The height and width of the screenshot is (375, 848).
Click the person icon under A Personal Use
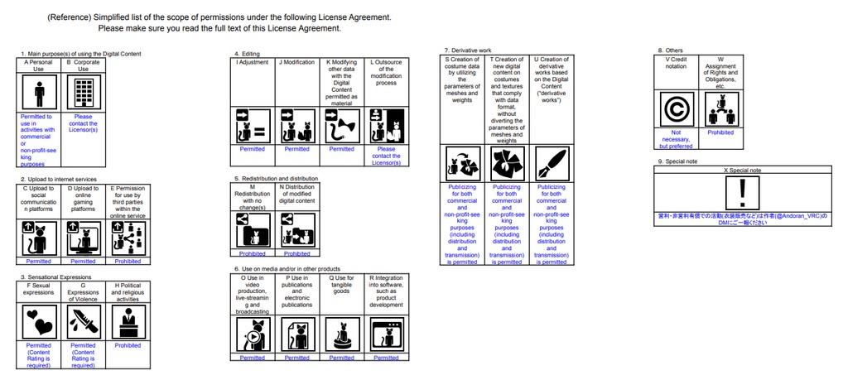click(x=39, y=93)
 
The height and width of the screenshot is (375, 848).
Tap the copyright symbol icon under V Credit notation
click(x=677, y=108)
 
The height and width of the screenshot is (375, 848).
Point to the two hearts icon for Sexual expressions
click(x=39, y=320)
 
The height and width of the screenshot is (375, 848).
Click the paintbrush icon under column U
click(x=550, y=163)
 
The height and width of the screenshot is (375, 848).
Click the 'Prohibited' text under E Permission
click(x=128, y=261)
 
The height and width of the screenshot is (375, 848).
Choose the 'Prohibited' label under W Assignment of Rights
click(x=720, y=132)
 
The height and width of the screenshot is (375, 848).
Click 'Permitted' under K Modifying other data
click(x=341, y=149)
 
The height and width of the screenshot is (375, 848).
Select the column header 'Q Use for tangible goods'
click(x=341, y=284)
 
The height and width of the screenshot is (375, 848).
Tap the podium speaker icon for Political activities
click(x=128, y=320)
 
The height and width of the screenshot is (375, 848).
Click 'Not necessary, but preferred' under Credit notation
click(x=677, y=139)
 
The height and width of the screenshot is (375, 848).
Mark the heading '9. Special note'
click(x=677, y=161)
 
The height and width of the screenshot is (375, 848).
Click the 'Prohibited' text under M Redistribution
click(x=253, y=253)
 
